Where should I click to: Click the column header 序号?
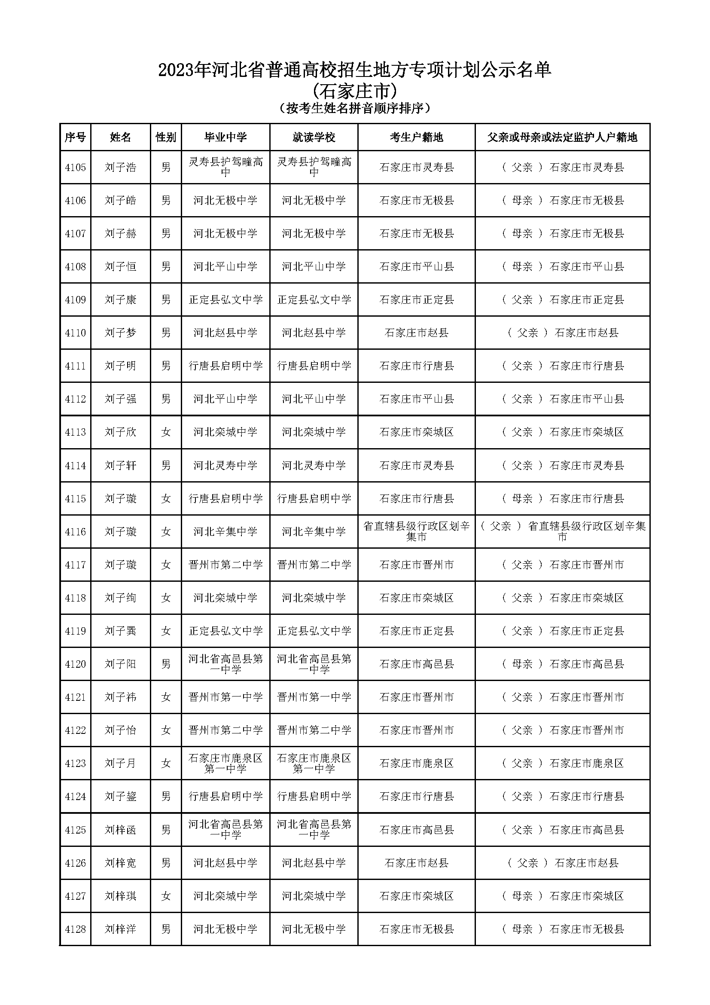75,137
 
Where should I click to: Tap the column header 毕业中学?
225,137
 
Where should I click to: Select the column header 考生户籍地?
416,137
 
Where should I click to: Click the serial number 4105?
75,168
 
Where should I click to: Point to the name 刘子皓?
120,201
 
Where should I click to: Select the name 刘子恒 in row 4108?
120,266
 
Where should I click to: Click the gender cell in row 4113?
166,432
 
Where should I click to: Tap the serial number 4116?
75,532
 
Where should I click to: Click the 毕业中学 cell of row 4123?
225,764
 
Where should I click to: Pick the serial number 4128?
75,929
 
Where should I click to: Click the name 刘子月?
120,764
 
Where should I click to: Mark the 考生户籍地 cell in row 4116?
416,532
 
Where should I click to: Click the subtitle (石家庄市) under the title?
355,91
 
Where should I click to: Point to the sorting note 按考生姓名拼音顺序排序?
355,108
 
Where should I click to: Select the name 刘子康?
120,300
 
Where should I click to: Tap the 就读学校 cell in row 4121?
314,697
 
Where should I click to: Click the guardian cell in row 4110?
563,333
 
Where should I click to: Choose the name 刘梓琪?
120,896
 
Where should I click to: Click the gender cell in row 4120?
166,664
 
